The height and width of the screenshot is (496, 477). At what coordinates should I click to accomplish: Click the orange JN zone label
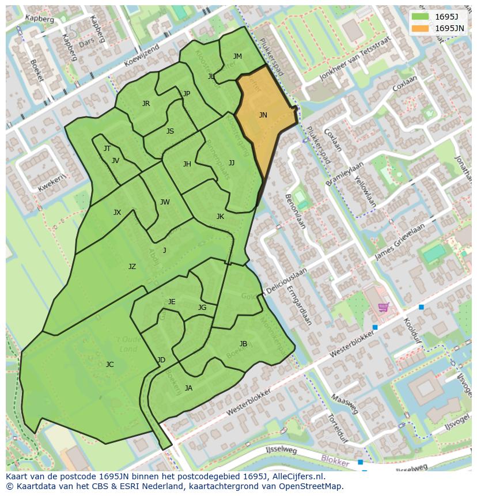click(263, 115)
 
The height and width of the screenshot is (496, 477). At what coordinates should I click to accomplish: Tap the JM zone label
click(237, 56)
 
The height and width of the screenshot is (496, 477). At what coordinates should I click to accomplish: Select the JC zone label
click(109, 364)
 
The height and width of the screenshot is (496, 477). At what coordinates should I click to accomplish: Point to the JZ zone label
click(132, 266)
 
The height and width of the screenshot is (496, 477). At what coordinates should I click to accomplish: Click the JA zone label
click(188, 388)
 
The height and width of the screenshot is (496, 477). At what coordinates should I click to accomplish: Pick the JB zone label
click(243, 344)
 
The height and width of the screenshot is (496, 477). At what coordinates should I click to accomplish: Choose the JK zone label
click(220, 217)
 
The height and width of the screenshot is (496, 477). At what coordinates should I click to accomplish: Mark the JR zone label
click(146, 104)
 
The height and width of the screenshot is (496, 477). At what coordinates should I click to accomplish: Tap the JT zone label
click(107, 149)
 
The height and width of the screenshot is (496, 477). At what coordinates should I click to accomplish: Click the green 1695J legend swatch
click(420, 16)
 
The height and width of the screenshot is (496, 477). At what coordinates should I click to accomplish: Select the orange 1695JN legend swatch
click(420, 28)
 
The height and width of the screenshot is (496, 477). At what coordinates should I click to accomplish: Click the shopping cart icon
click(383, 307)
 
